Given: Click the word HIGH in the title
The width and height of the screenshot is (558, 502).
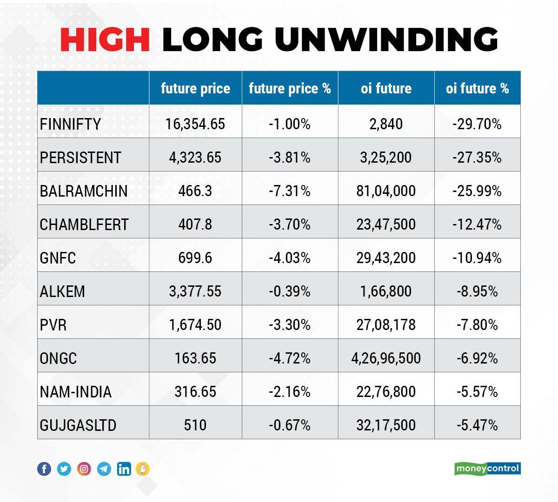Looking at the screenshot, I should pos(105,39).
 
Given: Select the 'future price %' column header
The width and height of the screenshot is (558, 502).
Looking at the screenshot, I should pos(290,88).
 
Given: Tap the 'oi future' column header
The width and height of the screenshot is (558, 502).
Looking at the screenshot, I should pos(386,88).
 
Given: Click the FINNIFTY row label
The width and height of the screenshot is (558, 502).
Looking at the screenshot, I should pos(70,124).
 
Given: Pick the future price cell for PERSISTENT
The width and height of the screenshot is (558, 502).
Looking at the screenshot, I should pos(195,158).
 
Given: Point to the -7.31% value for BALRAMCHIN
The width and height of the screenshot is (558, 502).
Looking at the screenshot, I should pos(289,191).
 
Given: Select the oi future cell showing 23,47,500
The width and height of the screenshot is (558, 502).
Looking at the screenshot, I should pos(386,225).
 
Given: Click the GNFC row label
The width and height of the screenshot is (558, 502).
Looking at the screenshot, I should pos(58,258).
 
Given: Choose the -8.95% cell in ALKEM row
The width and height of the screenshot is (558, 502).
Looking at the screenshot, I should pos(477,291).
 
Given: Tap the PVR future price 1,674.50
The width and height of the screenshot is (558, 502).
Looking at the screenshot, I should pos(195,325).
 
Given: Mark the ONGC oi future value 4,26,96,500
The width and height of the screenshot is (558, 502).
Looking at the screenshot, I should pos(386,358).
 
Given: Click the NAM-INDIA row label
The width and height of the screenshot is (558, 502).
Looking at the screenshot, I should pos(76,392).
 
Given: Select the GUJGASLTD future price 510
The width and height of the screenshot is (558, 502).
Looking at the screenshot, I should pos(195,425).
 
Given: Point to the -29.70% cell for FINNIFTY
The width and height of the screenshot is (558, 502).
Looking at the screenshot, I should pos(477,124).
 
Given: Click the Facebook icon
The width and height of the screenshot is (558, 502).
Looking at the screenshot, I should pos(44,469).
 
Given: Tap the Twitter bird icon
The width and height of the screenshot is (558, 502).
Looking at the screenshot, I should pos(64,469).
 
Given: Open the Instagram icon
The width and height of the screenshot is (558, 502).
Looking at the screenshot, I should pos(84,469).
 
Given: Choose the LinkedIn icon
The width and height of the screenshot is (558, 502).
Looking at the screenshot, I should pos(124,469).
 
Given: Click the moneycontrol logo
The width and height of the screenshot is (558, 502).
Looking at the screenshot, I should pos(487,469).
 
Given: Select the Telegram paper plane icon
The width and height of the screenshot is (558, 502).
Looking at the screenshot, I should pos(104,469).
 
